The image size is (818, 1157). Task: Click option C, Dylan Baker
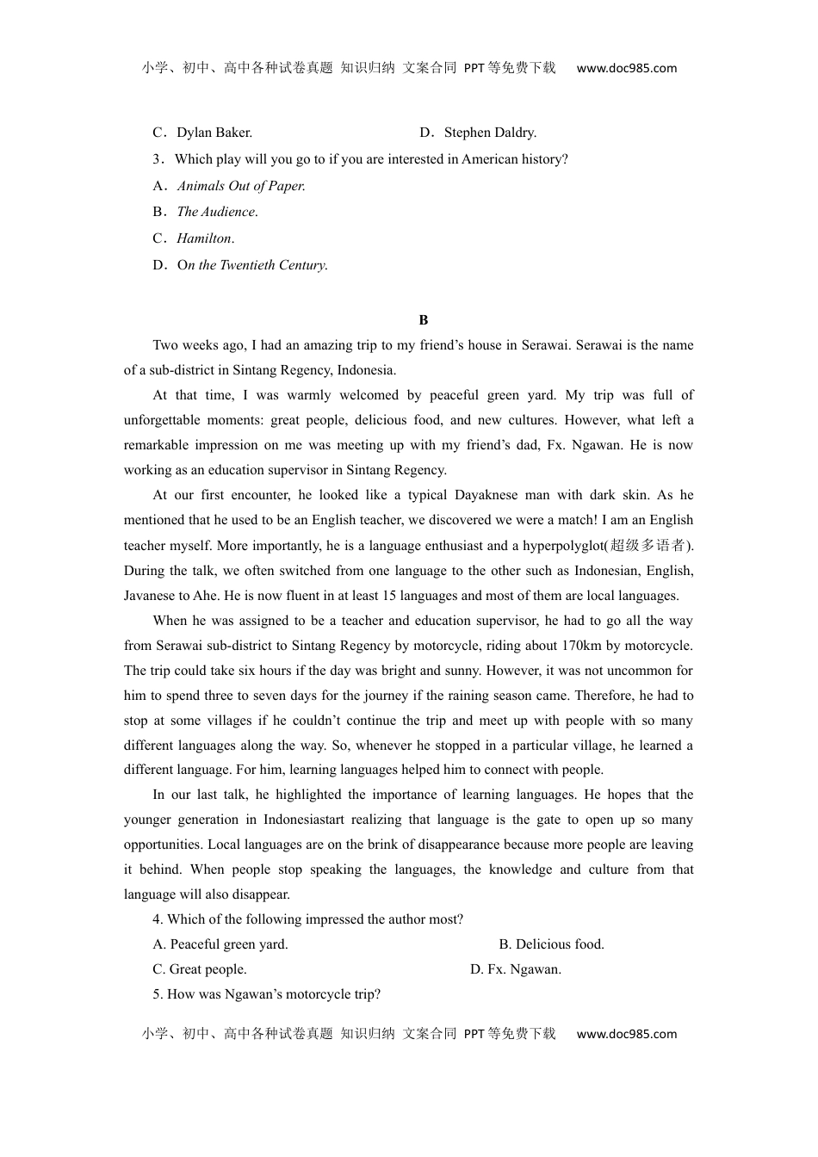point(202,133)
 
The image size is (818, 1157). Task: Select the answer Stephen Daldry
point(479,133)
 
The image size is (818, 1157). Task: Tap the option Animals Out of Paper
point(230,186)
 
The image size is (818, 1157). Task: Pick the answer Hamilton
point(195,238)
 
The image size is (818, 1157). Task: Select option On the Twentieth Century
point(241,265)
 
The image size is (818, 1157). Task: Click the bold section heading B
point(423,320)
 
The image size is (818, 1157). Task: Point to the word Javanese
point(152,596)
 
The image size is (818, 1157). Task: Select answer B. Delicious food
point(552,944)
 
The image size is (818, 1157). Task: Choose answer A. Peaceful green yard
point(221,944)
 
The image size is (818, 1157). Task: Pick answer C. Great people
point(201,969)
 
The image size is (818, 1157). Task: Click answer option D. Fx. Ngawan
point(516,969)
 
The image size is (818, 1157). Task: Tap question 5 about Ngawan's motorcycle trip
point(267,994)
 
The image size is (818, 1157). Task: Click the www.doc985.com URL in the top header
point(626,69)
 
